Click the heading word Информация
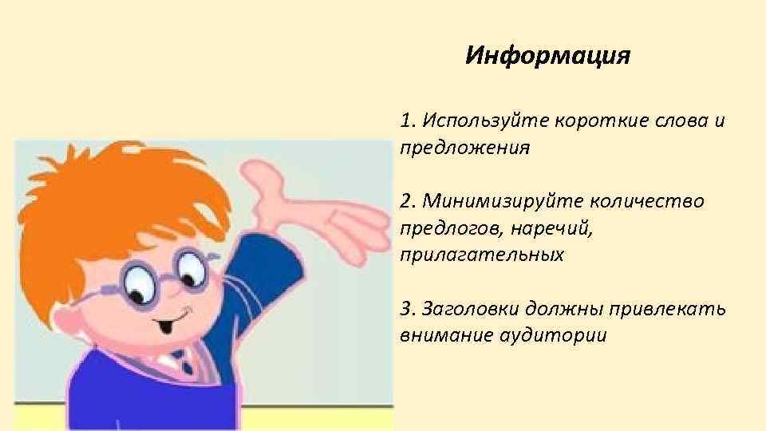[547, 57]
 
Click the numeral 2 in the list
[408, 200]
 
